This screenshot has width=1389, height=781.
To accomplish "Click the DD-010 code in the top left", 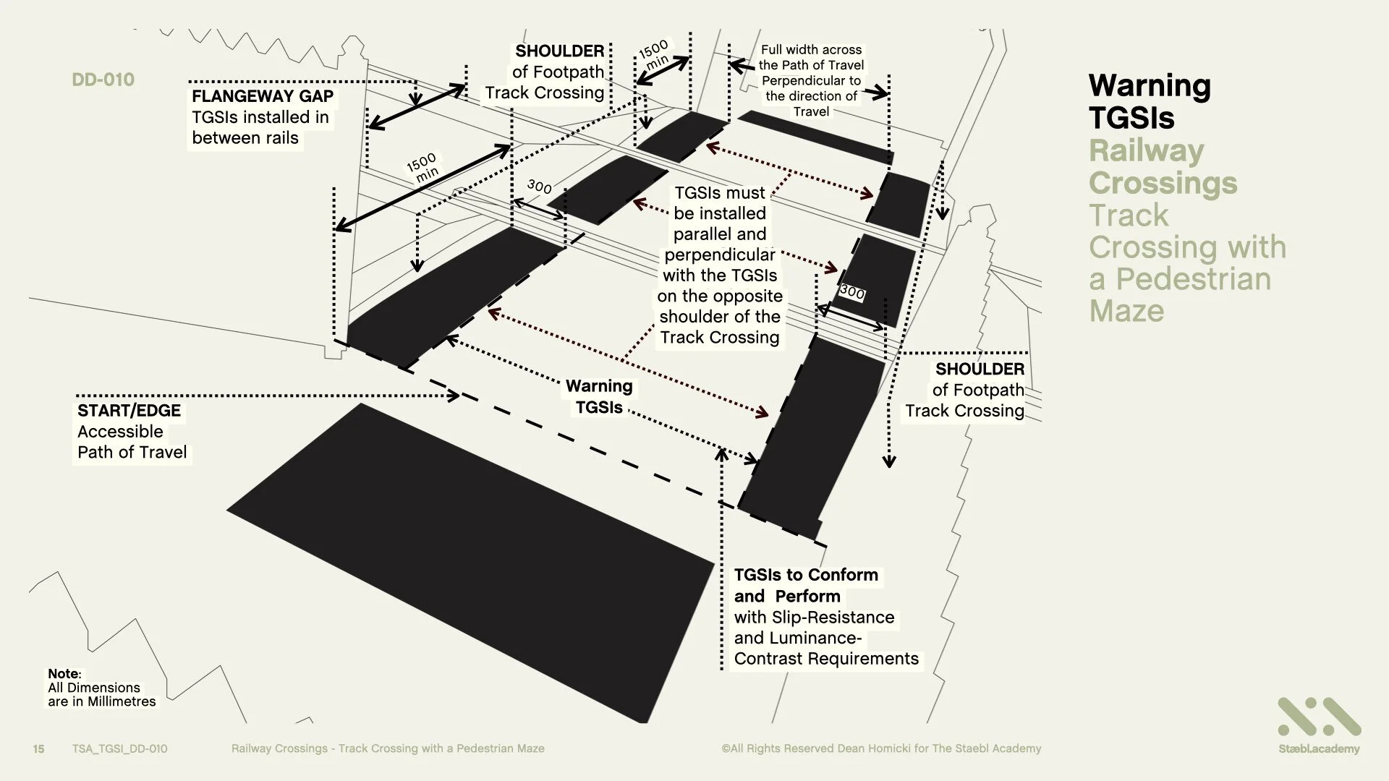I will (x=103, y=80).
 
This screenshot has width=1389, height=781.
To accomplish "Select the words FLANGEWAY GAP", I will (x=263, y=96).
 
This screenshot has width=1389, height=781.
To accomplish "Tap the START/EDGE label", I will (x=129, y=411).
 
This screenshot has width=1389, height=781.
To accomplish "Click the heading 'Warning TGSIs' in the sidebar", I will (x=1149, y=101).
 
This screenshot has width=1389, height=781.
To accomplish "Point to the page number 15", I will (x=39, y=748).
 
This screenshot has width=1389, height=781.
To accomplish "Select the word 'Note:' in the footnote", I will (x=64, y=673).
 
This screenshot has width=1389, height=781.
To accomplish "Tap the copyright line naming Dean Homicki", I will (x=880, y=748).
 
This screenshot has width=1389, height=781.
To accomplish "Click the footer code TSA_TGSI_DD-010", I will (x=119, y=748).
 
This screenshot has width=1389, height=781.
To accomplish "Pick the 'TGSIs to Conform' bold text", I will (x=806, y=576).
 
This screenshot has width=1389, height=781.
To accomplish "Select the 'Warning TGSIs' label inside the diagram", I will (x=599, y=397).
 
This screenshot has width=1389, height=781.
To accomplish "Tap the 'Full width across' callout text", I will (x=811, y=50).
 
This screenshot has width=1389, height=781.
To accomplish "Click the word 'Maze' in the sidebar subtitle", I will (x=1126, y=311).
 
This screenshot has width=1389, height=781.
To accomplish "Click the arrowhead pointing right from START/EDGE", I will (x=454, y=396).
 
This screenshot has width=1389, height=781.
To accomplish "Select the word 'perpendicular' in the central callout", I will (x=719, y=255).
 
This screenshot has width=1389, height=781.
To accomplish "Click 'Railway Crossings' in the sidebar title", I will (x=1162, y=166).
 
